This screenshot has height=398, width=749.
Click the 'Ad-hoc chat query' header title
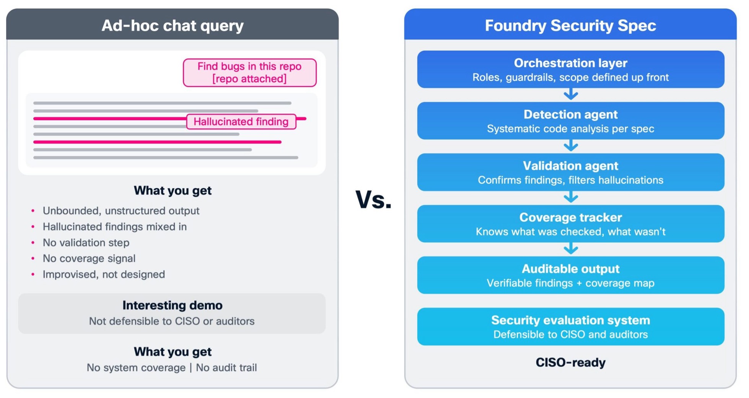pos(173,26)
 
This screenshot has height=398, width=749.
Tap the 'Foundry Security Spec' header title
pos(570,26)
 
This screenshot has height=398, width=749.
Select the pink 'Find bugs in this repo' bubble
pos(249,72)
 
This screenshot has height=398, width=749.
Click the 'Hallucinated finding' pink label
pos(241,122)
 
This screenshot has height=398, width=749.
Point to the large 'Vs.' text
pos(373,200)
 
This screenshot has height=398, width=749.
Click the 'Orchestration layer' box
pos(570,69)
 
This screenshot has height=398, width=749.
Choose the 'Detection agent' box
pos(570,121)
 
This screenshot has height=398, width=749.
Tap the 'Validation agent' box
pos(570,172)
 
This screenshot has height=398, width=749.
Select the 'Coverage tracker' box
pos(570,224)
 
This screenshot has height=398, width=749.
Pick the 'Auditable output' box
pos(570,275)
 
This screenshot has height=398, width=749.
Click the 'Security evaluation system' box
pos(570,327)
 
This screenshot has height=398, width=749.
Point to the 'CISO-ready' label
pos(570,362)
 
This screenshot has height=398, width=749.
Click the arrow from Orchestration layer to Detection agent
pos(571,94)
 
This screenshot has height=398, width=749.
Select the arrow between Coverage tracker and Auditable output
pos(571,249)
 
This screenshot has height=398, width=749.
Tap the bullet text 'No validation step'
pos(86,243)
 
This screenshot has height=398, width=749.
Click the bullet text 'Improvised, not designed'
pos(104,275)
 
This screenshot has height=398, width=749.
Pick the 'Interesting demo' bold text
pos(173,305)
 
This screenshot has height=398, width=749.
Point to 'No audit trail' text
pos(226,367)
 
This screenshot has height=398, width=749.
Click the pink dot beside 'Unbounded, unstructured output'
pos(33,211)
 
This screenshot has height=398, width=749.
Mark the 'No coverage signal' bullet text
pos(89,258)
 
